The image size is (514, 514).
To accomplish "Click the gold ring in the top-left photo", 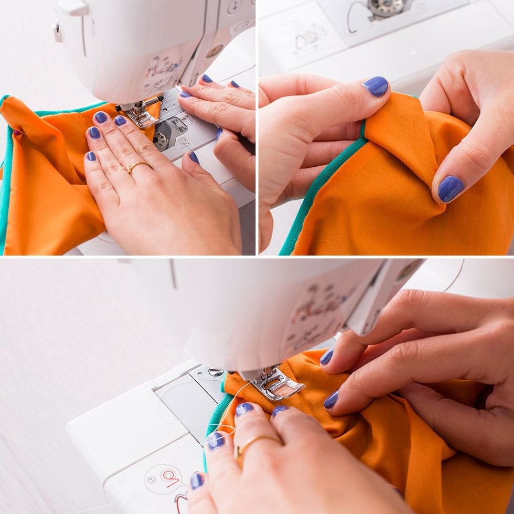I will [137, 166].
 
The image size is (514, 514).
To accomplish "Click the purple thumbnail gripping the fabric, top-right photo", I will [376, 86].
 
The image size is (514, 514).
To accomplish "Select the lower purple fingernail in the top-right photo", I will [450, 188].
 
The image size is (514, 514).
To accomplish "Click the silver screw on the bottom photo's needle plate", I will [216, 372].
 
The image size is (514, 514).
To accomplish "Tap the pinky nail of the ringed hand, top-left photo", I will [91, 156].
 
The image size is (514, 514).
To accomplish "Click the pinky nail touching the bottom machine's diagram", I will [197, 480].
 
